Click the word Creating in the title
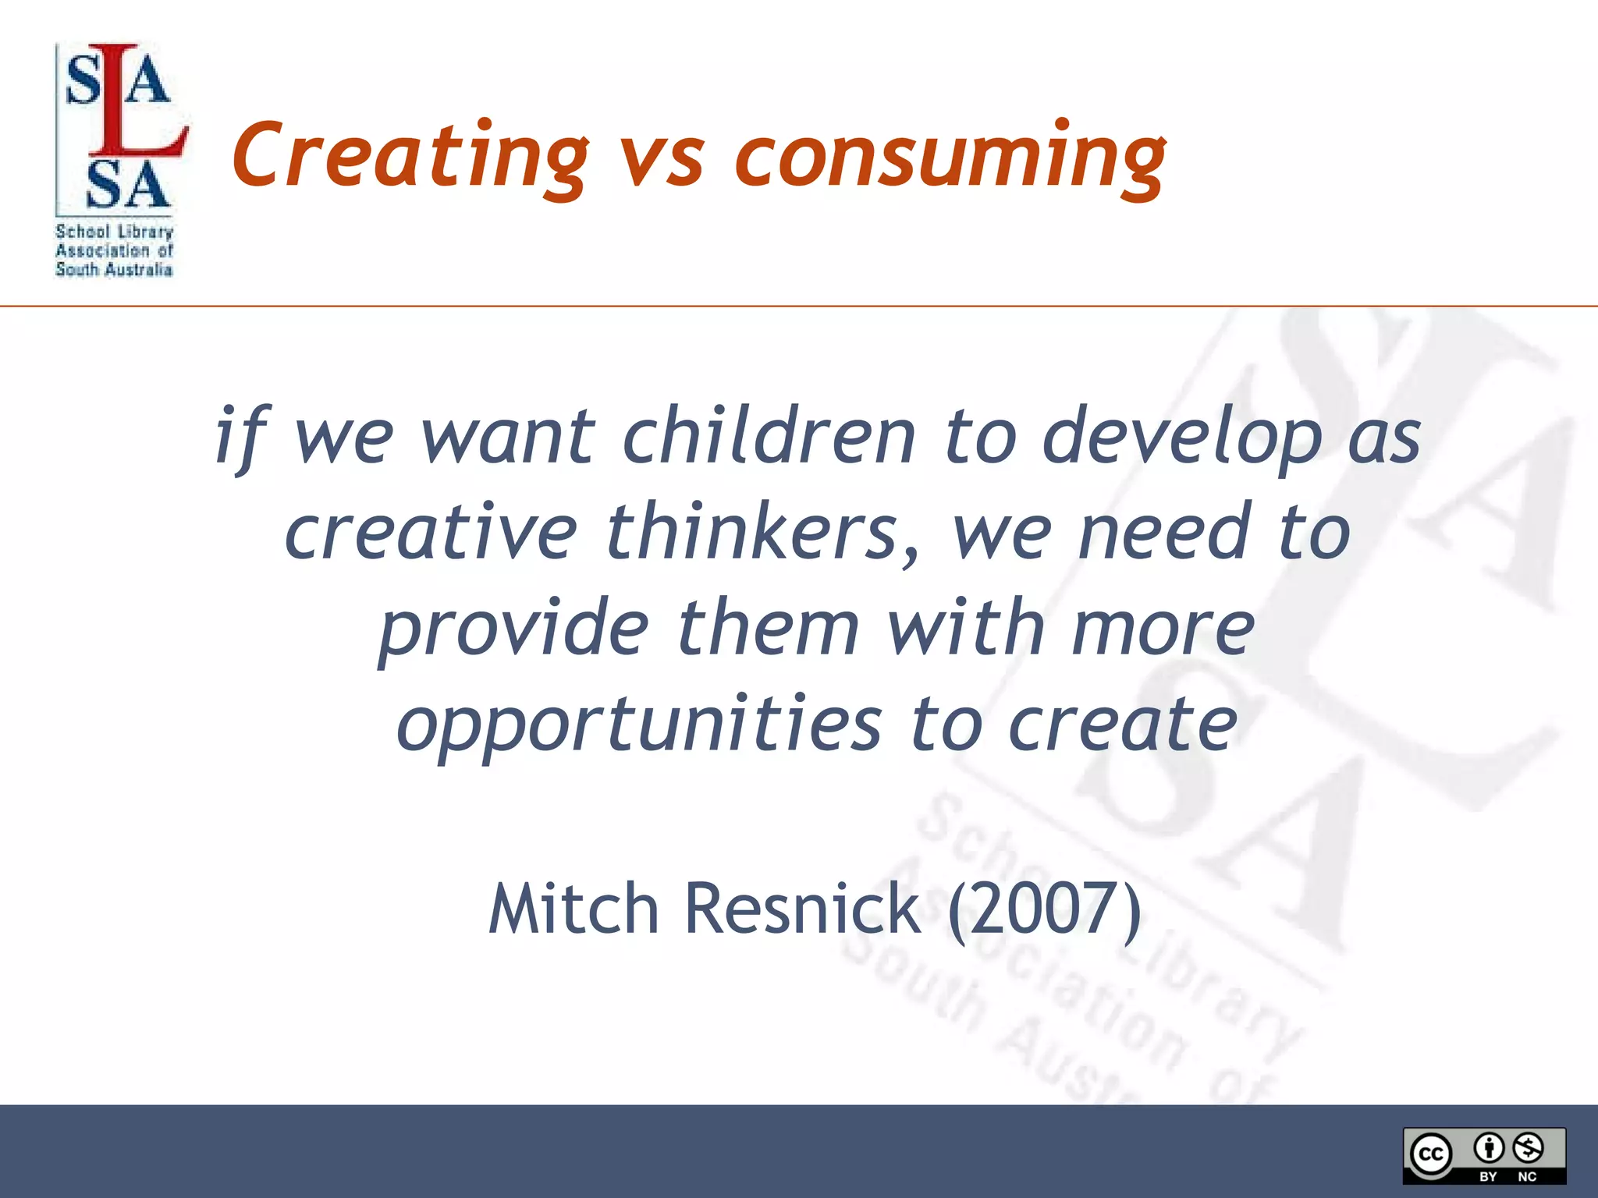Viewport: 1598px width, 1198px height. tap(410, 156)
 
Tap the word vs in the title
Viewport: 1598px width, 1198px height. tap(662, 160)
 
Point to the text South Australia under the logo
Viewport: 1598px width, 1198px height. tap(114, 270)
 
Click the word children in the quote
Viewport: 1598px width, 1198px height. tap(768, 437)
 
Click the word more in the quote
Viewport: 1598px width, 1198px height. tap(1163, 629)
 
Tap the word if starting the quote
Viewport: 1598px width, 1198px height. tap(242, 437)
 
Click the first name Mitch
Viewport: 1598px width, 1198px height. tap(574, 909)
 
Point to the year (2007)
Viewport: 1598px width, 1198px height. tap(1044, 909)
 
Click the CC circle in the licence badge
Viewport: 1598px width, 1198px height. tap(1431, 1154)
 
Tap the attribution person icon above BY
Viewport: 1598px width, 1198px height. tap(1489, 1148)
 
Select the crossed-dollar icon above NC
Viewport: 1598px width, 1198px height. tap(1528, 1148)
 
